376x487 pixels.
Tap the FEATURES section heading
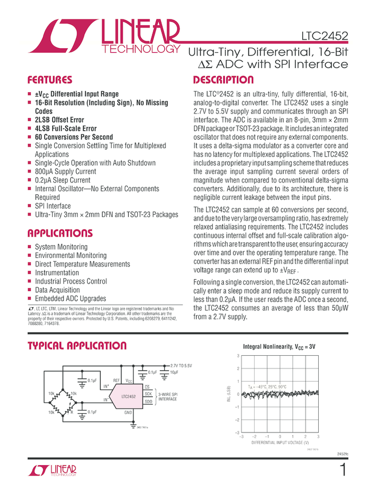50,80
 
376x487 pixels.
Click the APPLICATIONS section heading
60,234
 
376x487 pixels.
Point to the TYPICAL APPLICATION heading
77,346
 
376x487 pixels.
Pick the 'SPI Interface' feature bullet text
53,206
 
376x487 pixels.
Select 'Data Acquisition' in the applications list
61,290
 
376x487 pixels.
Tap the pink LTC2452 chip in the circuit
128,396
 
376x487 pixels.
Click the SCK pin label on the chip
148,394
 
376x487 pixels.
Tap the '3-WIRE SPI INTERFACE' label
167,396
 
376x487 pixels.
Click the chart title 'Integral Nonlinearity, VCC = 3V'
279,347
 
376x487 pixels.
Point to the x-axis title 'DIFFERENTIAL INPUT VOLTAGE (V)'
280,443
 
